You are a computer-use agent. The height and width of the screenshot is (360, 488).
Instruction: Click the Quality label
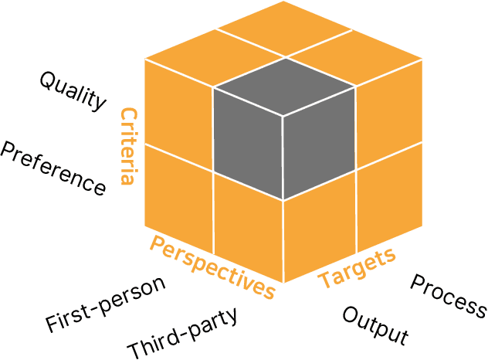pyautogui.click(x=73, y=90)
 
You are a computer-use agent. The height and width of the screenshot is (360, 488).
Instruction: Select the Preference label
pyautogui.click(x=53, y=168)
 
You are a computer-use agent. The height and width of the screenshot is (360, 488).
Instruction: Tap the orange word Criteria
pyautogui.click(x=127, y=147)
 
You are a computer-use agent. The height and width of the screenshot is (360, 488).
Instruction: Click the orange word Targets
pyautogui.click(x=357, y=267)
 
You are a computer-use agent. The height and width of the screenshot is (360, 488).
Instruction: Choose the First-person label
pyautogui.click(x=105, y=302)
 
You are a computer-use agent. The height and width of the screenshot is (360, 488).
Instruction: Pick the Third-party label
pyautogui.click(x=182, y=330)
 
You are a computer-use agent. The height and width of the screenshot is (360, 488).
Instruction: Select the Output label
pyautogui.click(x=374, y=324)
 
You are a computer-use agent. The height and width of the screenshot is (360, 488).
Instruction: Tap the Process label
pyautogui.click(x=448, y=296)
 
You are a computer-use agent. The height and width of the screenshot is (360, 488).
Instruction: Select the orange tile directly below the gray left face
pyautogui.click(x=248, y=228)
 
